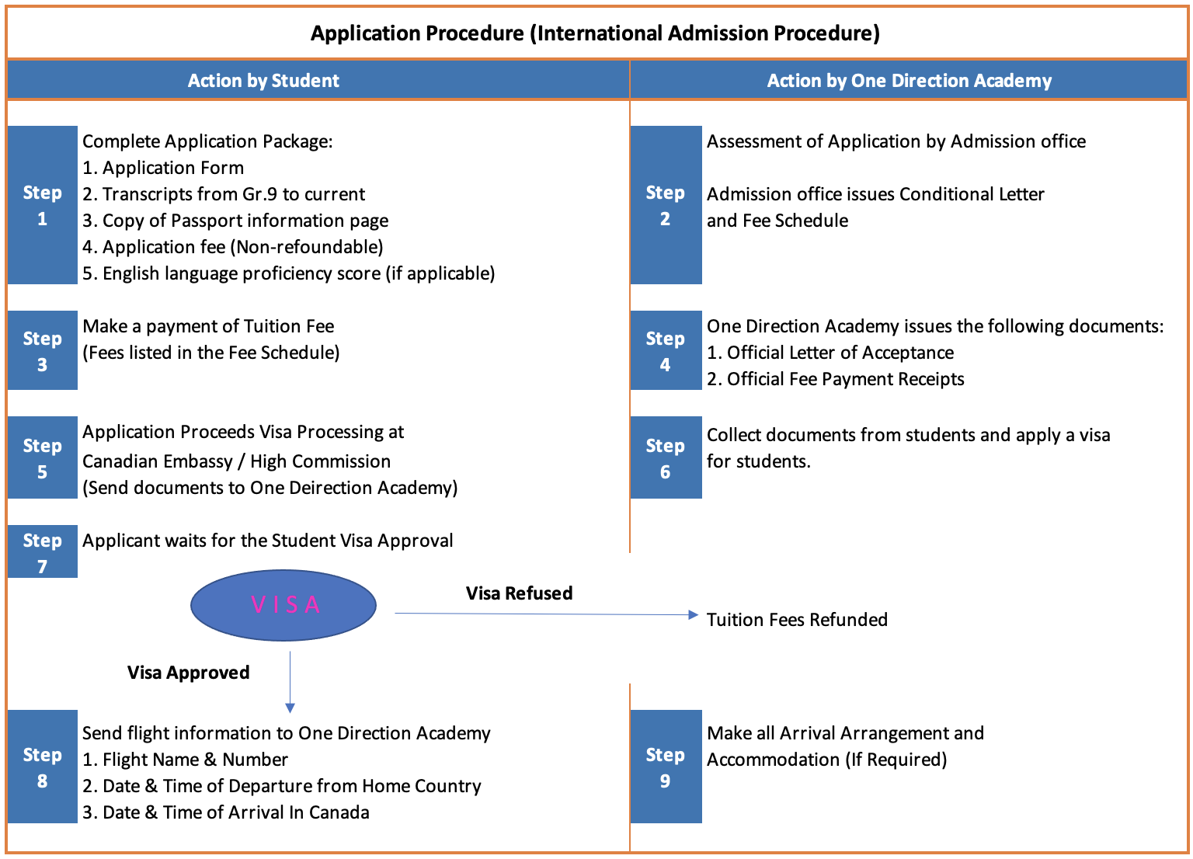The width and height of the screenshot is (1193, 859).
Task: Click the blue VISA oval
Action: coord(283,605)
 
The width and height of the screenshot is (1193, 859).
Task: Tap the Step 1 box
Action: coord(43,205)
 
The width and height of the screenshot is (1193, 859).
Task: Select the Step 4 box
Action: coord(666,350)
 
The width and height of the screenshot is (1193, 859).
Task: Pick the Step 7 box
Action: coord(43,552)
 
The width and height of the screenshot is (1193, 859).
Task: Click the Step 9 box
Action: coord(666,767)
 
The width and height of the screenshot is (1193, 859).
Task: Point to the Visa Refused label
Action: coord(519,593)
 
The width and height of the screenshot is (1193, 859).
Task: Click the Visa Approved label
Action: coord(189,673)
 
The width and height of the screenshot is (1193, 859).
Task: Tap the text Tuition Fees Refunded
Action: coord(797,620)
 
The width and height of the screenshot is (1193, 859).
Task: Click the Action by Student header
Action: coord(263,81)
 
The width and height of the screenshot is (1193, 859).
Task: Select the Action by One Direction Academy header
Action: coord(909,81)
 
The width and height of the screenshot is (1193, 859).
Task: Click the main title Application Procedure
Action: coord(595,33)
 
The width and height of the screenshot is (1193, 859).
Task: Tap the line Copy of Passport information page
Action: coord(236,221)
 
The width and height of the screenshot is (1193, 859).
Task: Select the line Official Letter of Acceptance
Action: coord(830,353)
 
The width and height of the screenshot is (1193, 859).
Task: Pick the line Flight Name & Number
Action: coord(186,760)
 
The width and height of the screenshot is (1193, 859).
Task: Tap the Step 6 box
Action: coord(666,457)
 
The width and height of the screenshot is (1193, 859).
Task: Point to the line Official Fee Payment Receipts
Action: coord(836,379)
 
